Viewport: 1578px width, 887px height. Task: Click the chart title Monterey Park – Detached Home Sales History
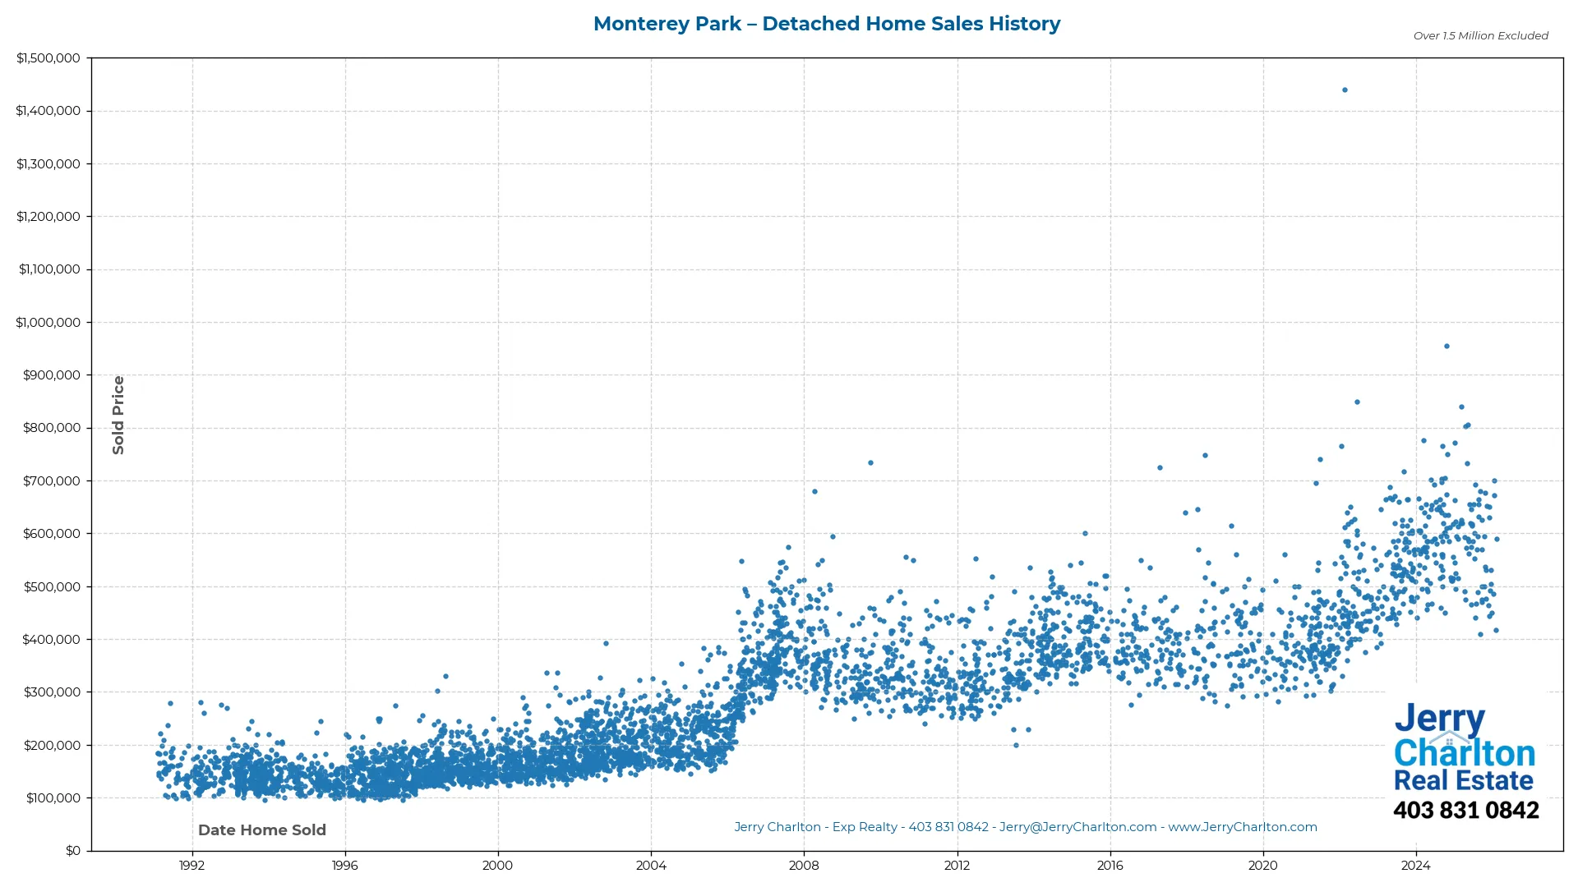827,24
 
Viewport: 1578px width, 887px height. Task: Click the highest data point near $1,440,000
1345,90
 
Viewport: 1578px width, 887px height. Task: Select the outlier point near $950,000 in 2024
1446,347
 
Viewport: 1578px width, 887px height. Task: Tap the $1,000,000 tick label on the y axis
48,323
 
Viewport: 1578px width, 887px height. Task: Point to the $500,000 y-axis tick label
52,587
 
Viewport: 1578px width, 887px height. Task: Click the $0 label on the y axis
73,851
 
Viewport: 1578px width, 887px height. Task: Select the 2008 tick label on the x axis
804,866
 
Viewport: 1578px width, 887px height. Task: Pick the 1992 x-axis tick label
192,866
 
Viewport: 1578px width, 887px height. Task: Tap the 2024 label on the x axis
1415,866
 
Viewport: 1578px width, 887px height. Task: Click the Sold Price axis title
118,415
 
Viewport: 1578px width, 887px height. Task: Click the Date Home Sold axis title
262,830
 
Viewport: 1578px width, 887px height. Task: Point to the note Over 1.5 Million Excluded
1480,36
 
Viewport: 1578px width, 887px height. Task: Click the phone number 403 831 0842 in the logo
1465,811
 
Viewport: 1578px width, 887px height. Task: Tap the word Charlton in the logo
1464,753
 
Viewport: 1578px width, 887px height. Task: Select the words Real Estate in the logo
1463,780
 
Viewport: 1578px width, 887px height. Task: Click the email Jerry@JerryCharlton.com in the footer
1077,827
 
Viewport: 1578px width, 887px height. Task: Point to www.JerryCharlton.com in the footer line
1242,827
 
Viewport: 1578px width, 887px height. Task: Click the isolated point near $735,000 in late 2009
870,463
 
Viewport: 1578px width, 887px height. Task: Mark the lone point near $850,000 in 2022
1357,402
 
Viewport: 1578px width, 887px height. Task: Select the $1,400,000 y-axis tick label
48,111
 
